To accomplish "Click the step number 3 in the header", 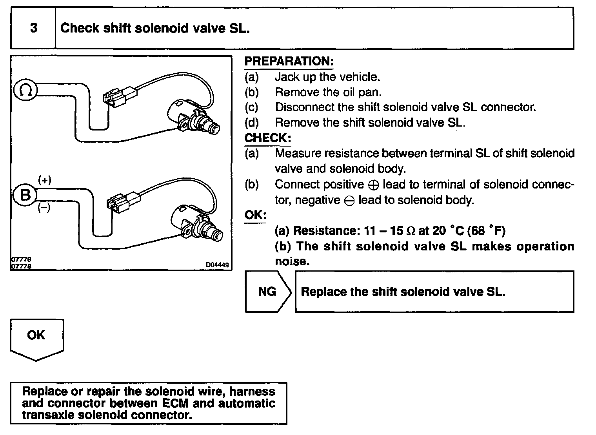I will (34, 28).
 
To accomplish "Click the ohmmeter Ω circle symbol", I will (25, 91).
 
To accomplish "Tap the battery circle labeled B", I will (25, 194).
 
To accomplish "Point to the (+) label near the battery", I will (44, 180).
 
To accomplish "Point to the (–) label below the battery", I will (44, 208).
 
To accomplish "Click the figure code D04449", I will (218, 265).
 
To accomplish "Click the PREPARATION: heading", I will (289, 62).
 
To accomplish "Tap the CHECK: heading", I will (268, 138).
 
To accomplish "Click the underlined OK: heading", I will (255, 215).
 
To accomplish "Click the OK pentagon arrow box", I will (36, 337).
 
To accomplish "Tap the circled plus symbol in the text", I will (373, 185).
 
